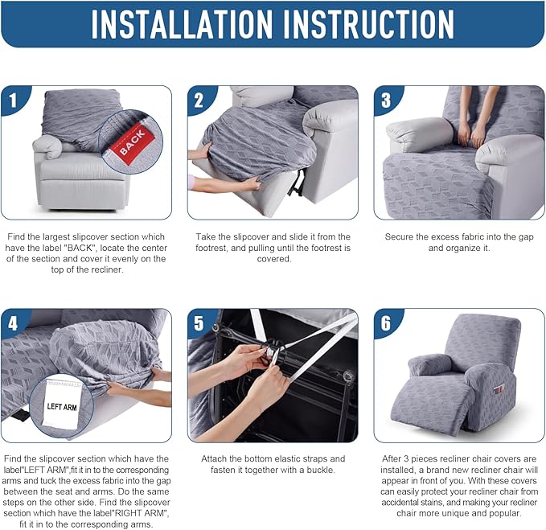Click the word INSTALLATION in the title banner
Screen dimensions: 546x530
coord(181,23)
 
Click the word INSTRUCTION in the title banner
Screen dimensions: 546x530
coord(369,23)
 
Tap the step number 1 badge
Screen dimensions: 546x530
coord(14,101)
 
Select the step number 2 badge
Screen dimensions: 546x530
coord(199,101)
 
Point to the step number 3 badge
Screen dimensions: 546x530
coord(386,101)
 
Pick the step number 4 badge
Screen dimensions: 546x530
coord(13,324)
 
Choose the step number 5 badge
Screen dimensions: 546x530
coord(199,324)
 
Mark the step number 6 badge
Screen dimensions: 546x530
coord(386,324)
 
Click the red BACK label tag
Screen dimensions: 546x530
coord(132,142)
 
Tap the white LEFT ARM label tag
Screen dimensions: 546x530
coord(63,403)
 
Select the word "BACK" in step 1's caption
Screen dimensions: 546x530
coord(80,248)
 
